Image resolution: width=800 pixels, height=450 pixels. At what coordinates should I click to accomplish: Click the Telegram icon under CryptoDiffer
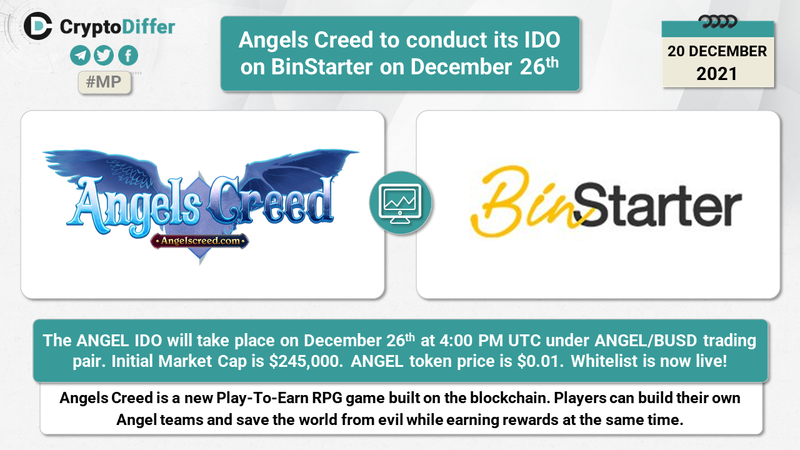point(80,56)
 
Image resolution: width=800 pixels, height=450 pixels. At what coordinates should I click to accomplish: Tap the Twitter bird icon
point(104,56)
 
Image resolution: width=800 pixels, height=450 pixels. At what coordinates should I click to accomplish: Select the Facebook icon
point(128,56)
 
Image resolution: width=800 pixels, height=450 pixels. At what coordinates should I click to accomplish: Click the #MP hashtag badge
point(104,82)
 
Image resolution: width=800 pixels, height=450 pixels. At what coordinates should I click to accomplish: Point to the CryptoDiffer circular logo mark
point(37,26)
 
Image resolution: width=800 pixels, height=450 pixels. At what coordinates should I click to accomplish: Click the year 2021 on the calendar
point(716,74)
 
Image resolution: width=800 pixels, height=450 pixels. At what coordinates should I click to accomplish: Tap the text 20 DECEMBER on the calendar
point(717,51)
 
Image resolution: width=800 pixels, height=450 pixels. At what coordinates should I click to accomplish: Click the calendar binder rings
point(718,22)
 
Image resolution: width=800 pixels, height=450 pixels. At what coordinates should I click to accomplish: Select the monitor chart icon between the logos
point(401,203)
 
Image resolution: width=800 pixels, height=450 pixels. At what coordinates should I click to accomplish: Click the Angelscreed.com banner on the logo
point(199,241)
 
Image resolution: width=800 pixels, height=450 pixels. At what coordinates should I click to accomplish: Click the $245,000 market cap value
point(306,361)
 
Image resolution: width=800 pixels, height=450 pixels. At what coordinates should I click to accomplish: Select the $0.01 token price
point(541,361)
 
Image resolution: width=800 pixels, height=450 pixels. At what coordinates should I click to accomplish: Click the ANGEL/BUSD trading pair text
point(646,341)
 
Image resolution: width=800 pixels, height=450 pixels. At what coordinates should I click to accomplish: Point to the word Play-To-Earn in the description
point(262,398)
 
